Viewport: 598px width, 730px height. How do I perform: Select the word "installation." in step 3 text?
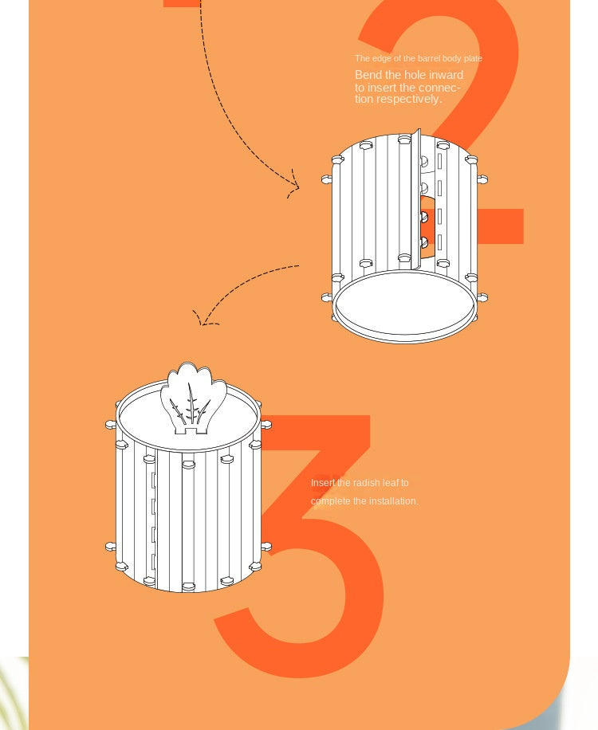coord(394,501)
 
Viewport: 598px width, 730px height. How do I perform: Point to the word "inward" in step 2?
coord(446,75)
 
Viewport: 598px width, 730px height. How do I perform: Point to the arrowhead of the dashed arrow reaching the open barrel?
coord(294,187)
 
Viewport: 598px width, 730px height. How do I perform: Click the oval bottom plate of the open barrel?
coord(404,306)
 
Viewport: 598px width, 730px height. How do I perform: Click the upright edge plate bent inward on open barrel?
coord(415,195)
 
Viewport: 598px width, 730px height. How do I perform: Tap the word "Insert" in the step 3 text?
coord(323,483)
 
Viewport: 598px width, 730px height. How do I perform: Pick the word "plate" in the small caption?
coord(473,58)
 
